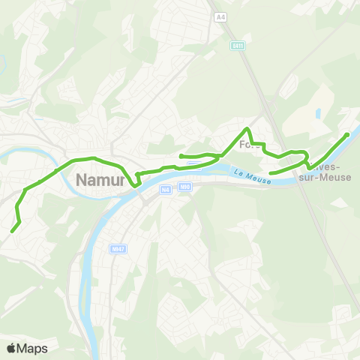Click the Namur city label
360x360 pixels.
pyautogui.click(x=102, y=179)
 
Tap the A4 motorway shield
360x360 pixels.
pyautogui.click(x=220, y=16)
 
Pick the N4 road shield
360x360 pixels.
pyautogui.click(x=166, y=190)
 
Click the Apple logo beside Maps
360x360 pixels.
pyautogui.click(x=11, y=348)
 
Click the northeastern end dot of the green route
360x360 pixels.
pyautogui.click(x=346, y=135)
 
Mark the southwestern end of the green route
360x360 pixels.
pyautogui.click(x=13, y=231)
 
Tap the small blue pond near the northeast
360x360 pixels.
pyautogui.click(x=318, y=114)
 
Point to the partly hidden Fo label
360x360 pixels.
pyautogui.click(x=247, y=145)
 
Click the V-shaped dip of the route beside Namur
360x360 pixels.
pyautogui.click(x=135, y=184)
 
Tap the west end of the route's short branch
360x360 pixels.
pyautogui.click(x=181, y=155)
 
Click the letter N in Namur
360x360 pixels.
pyautogui.click(x=82, y=179)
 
